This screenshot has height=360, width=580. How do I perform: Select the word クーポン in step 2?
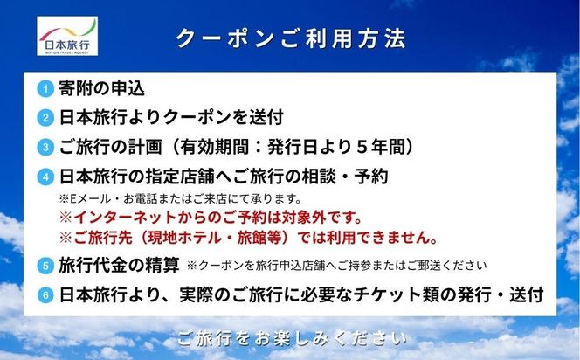(x=190, y=117)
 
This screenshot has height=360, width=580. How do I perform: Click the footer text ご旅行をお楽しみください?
(x=290, y=337)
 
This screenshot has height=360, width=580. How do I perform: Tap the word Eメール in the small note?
(x=87, y=197)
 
